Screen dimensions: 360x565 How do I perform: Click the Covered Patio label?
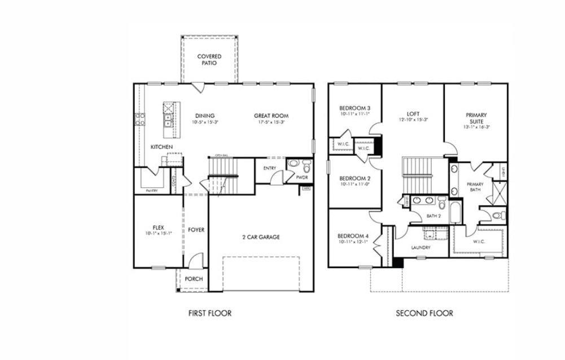(x=209, y=59)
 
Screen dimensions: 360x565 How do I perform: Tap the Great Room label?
(x=271, y=116)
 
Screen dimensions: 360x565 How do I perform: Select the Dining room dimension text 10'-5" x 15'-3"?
(x=204, y=122)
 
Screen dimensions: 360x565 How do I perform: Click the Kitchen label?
(x=161, y=147)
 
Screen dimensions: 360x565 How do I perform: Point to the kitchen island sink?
(x=168, y=120)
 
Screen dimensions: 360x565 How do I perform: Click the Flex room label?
(x=157, y=227)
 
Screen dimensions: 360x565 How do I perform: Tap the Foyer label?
(x=196, y=230)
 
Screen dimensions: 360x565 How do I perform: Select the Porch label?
(x=194, y=279)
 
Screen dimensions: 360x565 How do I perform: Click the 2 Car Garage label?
(x=261, y=237)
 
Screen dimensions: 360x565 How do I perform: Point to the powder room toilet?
(x=306, y=167)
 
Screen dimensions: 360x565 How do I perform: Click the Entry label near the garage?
(x=269, y=168)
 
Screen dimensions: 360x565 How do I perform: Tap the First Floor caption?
(x=209, y=313)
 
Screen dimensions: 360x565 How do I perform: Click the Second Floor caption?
(x=424, y=313)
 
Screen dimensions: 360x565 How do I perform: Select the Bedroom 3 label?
(x=354, y=108)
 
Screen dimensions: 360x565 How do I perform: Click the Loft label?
(x=413, y=113)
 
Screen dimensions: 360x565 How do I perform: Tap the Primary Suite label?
(x=476, y=118)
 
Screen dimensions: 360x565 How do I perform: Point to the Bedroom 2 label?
(x=354, y=178)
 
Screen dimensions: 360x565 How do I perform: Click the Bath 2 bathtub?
(x=455, y=215)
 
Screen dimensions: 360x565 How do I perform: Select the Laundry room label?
(x=421, y=247)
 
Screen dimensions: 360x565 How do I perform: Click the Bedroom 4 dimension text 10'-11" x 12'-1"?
(x=353, y=242)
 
